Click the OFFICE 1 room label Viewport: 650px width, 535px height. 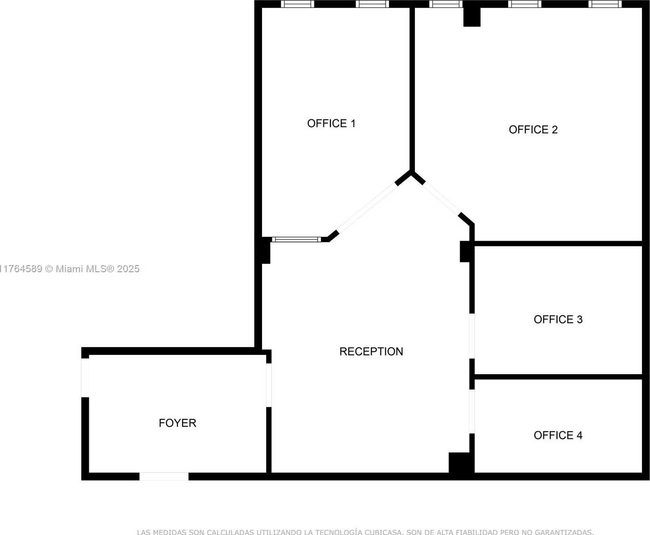(x=331, y=124)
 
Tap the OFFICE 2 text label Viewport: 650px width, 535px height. (x=533, y=130)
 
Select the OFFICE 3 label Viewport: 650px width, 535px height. (x=558, y=319)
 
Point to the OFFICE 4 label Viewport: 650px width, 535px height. (x=558, y=435)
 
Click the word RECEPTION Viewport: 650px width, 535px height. (x=371, y=351)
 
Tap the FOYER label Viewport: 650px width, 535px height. (x=177, y=423)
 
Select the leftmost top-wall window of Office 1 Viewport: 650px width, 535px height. (x=297, y=4)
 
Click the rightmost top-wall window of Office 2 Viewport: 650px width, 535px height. (x=605, y=4)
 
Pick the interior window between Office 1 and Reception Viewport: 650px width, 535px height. (x=296, y=239)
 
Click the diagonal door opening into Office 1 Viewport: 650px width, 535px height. (x=368, y=207)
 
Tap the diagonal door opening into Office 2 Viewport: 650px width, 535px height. (x=441, y=198)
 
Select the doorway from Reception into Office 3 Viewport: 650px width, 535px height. (x=472, y=336)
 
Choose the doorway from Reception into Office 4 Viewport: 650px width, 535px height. (x=472, y=411)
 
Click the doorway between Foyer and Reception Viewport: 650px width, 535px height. (x=269, y=385)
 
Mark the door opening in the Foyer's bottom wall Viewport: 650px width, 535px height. (x=164, y=476)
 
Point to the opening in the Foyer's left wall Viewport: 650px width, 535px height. (x=85, y=378)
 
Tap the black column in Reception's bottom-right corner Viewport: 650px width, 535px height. (x=460, y=463)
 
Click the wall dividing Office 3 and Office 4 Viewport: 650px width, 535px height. (x=558, y=377)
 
